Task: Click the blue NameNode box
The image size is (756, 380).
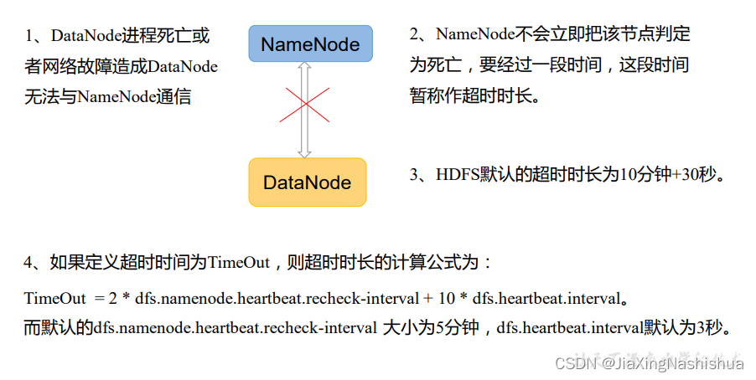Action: pyautogui.click(x=309, y=44)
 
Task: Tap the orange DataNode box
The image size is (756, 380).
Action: pyautogui.click(x=307, y=182)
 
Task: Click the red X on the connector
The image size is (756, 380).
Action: pyautogui.click(x=303, y=105)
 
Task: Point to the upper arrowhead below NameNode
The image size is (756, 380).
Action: pyautogui.click(x=304, y=68)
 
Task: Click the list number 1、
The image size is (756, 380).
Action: pyautogui.click(x=37, y=36)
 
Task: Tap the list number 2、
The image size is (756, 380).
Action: pyautogui.click(x=422, y=35)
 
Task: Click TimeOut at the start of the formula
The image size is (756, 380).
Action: pyautogui.click(x=55, y=298)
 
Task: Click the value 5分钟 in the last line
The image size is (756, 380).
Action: pyautogui.click(x=455, y=327)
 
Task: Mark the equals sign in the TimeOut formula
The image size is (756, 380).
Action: pyautogui.click(x=100, y=298)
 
